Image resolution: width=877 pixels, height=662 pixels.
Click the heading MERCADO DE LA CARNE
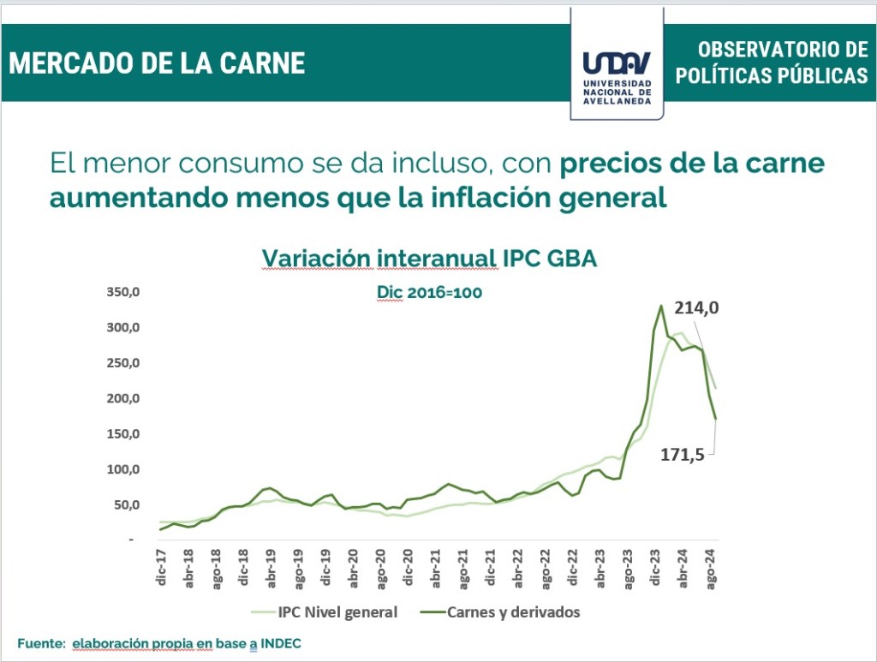tap(158, 63)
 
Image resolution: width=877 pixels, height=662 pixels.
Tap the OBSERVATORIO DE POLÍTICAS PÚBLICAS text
tap(771, 63)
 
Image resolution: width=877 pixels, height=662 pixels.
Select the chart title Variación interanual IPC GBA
tap(428, 259)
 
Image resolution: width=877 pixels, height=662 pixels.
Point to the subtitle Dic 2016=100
tap(429, 292)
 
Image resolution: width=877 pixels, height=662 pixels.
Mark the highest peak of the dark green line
tap(661, 306)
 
